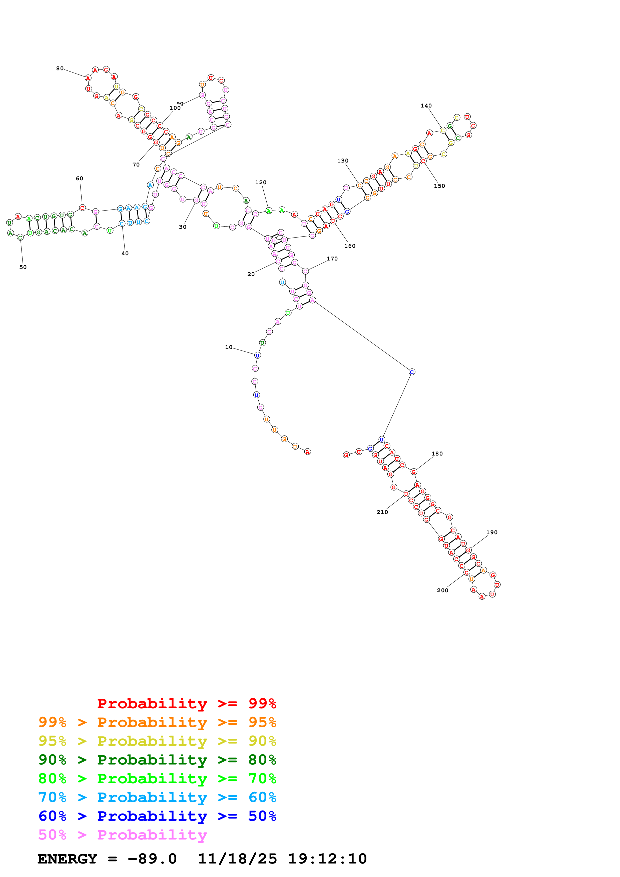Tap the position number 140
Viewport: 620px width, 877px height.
click(x=426, y=106)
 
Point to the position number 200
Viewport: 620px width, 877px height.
click(x=442, y=590)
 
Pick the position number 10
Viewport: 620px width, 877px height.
click(x=228, y=347)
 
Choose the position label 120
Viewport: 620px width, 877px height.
click(x=261, y=182)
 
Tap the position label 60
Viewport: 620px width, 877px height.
click(x=80, y=178)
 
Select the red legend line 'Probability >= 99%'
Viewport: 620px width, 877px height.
click(x=186, y=703)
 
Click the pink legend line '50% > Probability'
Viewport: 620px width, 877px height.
click(x=122, y=835)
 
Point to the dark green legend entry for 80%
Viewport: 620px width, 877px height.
click(x=157, y=760)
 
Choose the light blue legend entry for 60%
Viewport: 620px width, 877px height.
click(x=157, y=797)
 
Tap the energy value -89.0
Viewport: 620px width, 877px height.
click(x=152, y=859)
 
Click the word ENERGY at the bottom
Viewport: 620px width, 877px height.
click(x=67, y=859)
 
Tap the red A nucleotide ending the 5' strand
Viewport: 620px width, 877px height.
click(x=308, y=452)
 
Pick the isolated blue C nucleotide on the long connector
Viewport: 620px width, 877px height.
click(x=412, y=372)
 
